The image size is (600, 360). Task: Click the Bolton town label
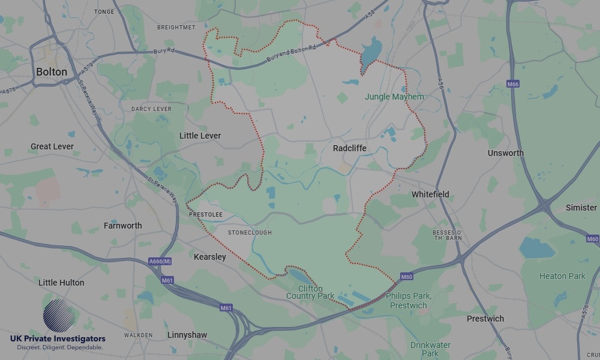pos(52,72)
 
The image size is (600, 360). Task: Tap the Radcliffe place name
pos(349,148)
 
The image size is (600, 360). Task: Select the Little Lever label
pos(200,136)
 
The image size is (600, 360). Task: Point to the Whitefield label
pos(430,194)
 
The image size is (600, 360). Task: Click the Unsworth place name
pos(505,153)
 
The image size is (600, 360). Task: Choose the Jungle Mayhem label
pos(394,97)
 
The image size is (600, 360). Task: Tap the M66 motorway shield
pos(512,84)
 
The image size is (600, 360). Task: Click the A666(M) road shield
pos(160,262)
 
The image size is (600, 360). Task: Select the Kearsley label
pos(210,257)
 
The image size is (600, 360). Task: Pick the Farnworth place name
pos(122,226)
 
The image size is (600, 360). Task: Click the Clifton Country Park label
pos(310,292)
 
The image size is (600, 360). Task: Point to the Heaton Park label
pos(562,276)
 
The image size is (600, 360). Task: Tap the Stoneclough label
pos(250,232)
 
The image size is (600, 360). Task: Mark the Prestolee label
pos(205,214)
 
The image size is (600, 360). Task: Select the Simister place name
pos(581,208)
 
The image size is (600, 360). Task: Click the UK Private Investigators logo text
pos(58,339)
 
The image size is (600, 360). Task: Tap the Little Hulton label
pos(61,283)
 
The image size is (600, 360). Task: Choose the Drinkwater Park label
pos(430,349)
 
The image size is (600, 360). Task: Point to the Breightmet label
pos(176,28)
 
